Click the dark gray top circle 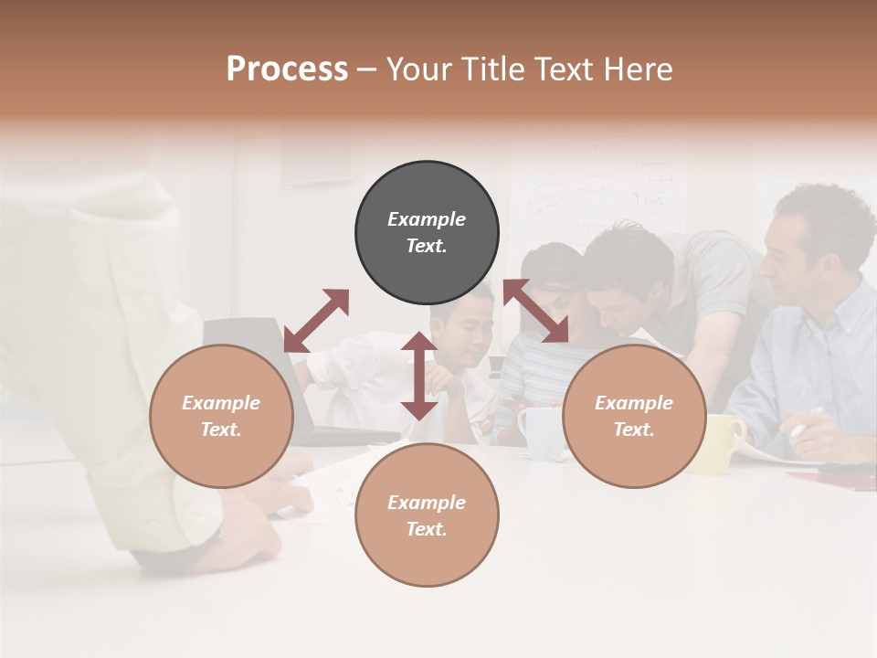coord(427,233)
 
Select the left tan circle coord(221,417)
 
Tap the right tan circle coord(634,417)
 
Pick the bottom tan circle coord(427,515)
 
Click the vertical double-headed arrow coord(419,376)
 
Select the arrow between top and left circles coord(316,321)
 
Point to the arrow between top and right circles coord(535,312)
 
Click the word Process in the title coord(287,69)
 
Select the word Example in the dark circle coord(427,219)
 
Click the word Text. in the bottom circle coord(427,529)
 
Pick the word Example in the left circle coord(221,403)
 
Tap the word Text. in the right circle coord(634,430)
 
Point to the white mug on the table coord(539,430)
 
